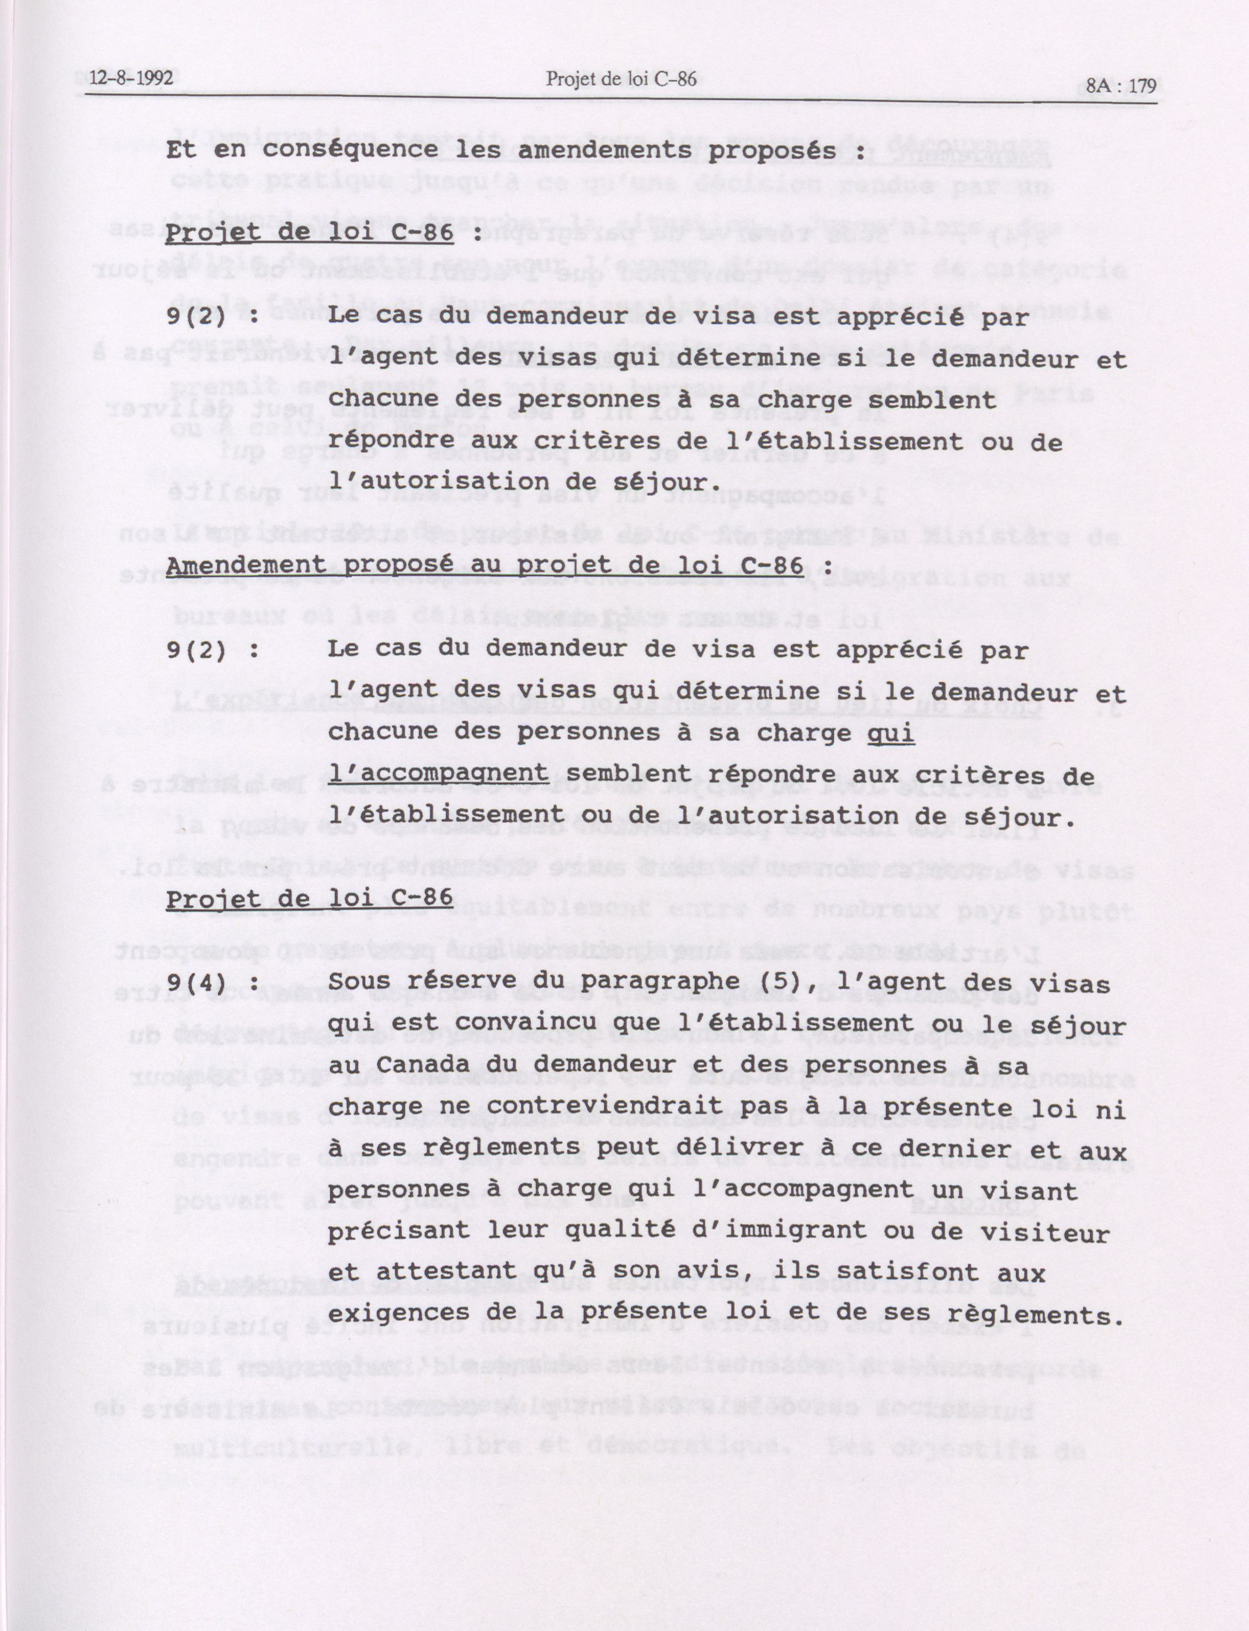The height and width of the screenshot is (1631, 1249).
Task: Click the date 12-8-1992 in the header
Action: [132, 78]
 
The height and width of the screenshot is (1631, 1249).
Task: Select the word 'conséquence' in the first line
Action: [349, 150]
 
